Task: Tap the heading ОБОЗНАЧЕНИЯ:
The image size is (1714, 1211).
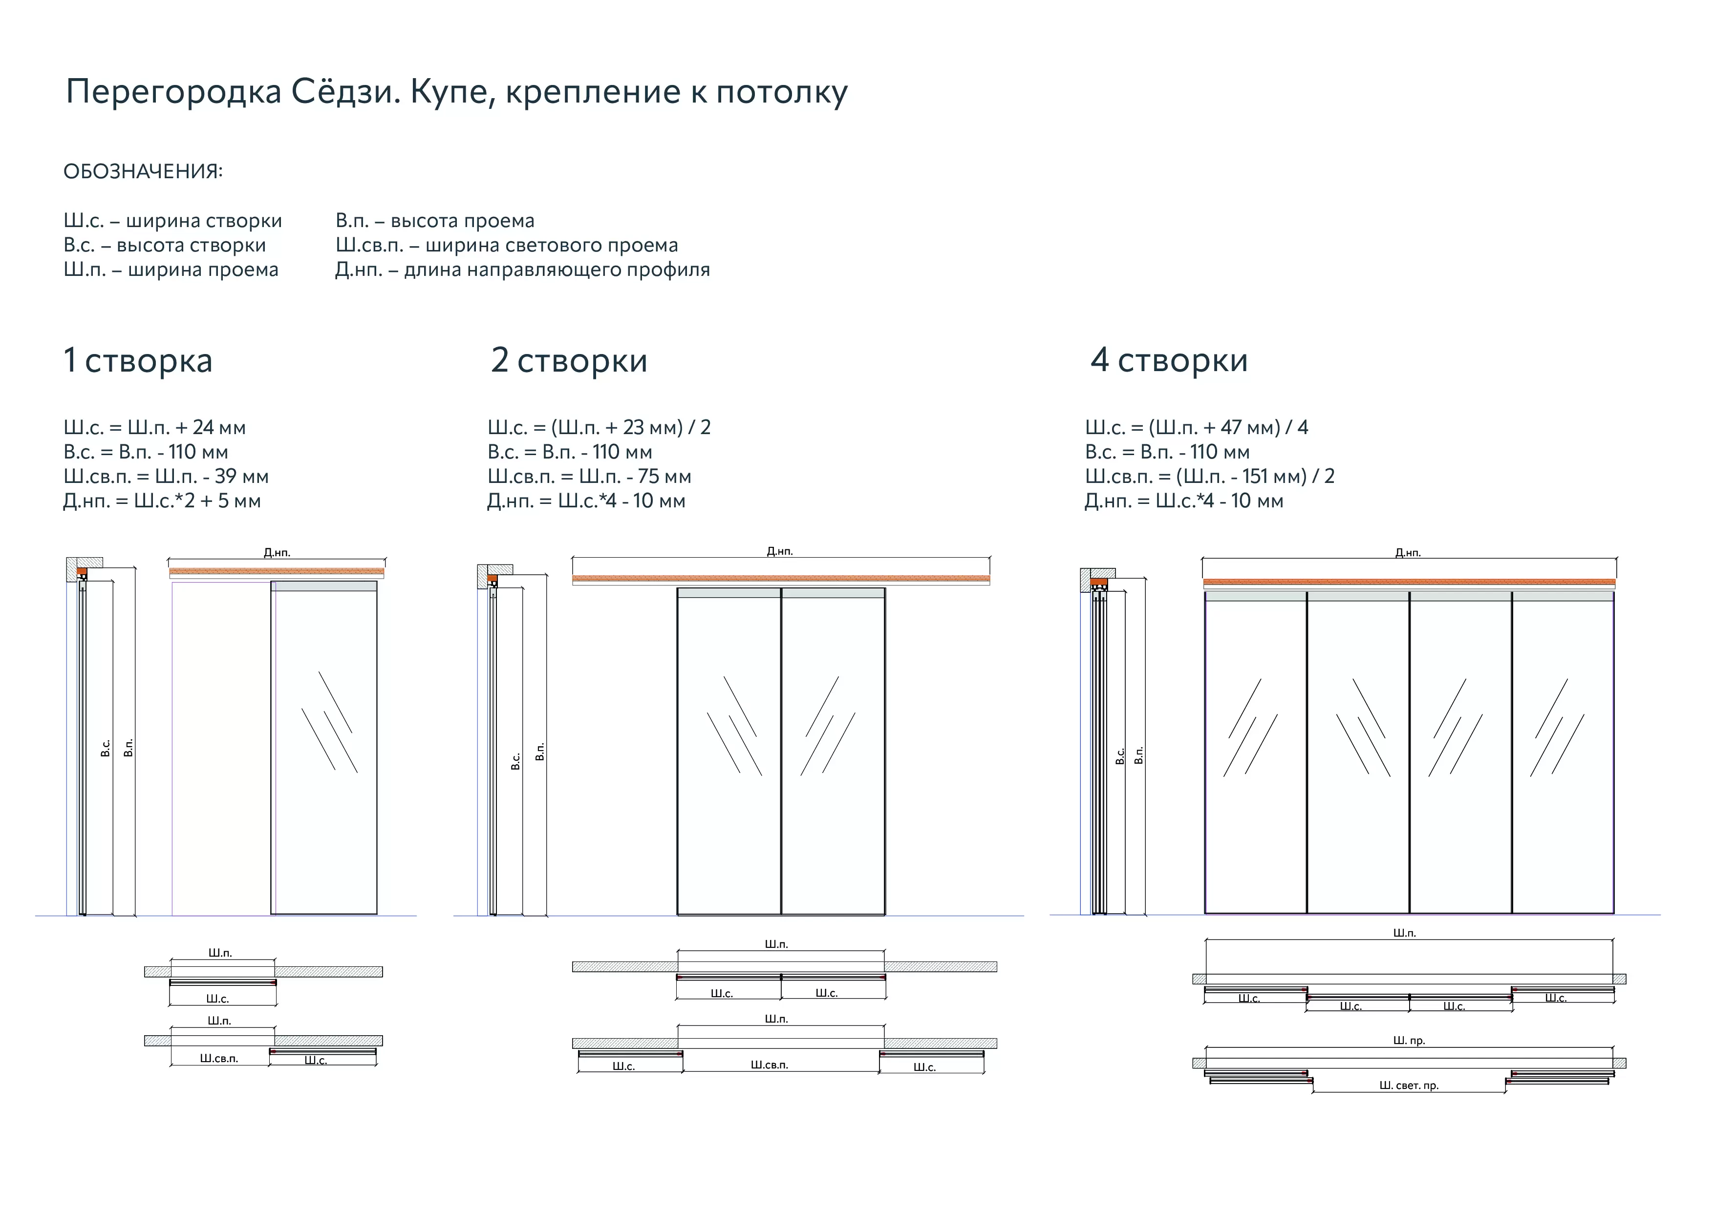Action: [143, 171]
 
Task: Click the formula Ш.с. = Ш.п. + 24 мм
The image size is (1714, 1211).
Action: [154, 428]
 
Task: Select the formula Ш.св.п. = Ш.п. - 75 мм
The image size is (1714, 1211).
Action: [589, 477]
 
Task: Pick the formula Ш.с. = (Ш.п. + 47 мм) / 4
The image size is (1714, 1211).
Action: [1196, 428]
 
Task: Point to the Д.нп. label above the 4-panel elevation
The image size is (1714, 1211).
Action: [1408, 553]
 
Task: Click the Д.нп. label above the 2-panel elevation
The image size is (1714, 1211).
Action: [779, 551]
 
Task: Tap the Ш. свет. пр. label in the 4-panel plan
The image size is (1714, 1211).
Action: [1408, 1086]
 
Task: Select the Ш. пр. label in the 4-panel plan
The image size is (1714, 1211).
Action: [1409, 1040]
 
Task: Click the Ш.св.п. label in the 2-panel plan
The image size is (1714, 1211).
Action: [769, 1065]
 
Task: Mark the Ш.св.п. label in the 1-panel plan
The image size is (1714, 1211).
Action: [219, 1058]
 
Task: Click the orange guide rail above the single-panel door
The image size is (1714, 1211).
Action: [276, 571]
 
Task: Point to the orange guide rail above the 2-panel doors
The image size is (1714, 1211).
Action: [781, 578]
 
